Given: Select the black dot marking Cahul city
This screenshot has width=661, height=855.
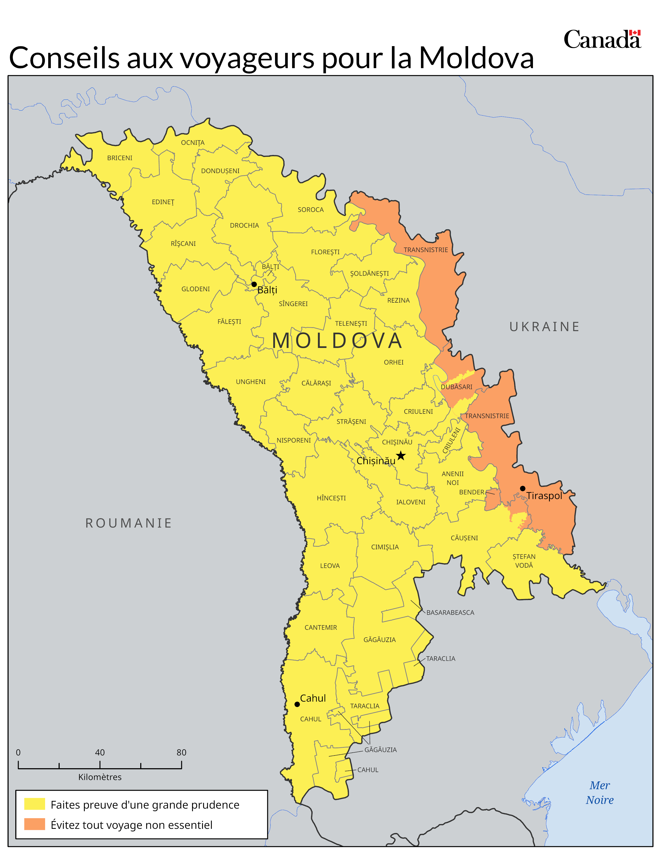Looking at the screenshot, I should [297, 704].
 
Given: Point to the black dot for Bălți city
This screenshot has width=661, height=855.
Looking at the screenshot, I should [254, 284].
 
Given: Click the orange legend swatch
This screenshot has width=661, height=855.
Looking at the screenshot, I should [34, 824].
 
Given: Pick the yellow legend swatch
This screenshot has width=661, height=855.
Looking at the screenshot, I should [34, 804].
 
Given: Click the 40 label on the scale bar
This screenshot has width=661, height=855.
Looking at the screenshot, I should [100, 752].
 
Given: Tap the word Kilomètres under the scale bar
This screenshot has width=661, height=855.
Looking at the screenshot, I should [100, 777].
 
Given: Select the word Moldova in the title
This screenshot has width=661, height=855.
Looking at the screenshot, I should [476, 58].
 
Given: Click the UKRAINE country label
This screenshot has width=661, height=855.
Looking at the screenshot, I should [544, 326].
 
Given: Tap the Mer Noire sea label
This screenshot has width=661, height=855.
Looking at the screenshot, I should [600, 793].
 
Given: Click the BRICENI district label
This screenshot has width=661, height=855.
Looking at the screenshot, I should [120, 158].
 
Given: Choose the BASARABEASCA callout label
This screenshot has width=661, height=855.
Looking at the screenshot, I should [450, 612].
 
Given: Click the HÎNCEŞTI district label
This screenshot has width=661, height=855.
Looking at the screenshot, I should [331, 498].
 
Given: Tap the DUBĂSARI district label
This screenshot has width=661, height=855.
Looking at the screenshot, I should [456, 387].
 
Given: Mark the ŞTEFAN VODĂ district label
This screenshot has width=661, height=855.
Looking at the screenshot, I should [524, 561].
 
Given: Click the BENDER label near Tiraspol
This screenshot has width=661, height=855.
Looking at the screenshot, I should [472, 492].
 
